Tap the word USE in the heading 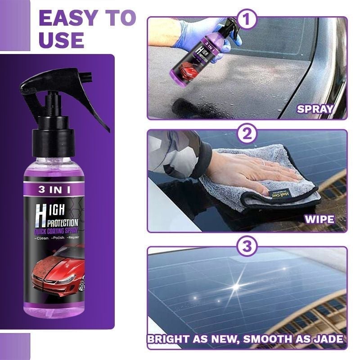(x=62, y=40)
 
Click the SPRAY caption (x=315, y=108)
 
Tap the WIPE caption (x=319, y=220)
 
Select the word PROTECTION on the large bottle (x=61, y=222)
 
